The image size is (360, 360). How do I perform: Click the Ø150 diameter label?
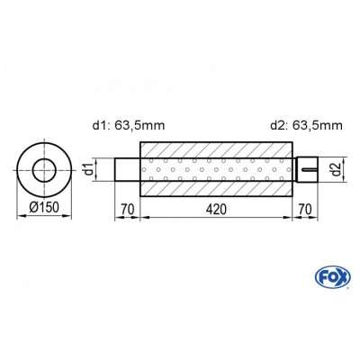[x=42, y=209]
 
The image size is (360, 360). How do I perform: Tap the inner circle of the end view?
[x=43, y=168]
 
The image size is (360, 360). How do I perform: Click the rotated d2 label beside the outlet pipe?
[x=333, y=168]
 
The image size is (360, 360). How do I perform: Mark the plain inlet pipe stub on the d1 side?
[x=126, y=168]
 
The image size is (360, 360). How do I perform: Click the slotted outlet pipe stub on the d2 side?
[x=307, y=168]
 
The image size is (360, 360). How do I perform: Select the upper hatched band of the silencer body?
[x=215, y=150]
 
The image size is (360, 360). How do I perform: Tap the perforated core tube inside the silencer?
[x=215, y=168]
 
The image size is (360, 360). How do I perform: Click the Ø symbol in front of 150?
[x=31, y=209]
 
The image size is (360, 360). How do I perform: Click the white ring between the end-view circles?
[x=43, y=152]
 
